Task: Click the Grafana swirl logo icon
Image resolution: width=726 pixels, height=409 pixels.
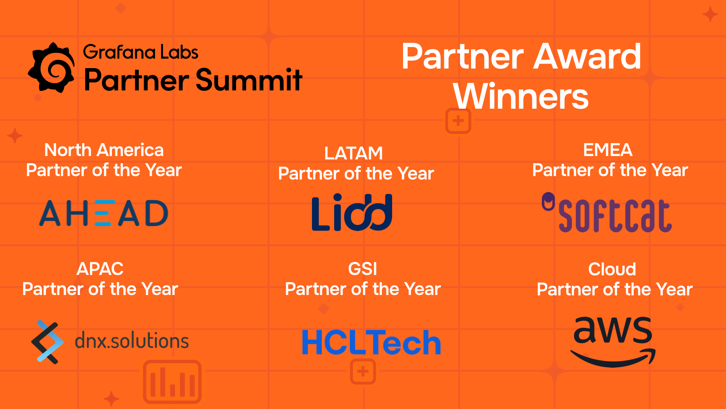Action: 51,67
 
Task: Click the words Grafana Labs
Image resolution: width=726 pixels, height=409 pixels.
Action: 141,52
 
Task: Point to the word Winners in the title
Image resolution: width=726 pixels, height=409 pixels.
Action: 521,96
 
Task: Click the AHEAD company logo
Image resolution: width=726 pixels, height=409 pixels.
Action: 104,213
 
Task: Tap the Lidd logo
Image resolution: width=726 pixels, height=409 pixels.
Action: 352,212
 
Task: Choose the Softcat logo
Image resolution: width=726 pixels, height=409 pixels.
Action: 607,212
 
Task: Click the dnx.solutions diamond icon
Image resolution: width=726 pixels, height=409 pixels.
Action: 47,342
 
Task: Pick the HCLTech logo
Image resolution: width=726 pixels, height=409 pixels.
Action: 371,343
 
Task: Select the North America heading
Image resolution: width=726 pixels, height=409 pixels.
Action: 104,150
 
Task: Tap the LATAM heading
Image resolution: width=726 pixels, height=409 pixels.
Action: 354,153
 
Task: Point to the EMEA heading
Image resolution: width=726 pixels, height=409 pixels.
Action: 608,150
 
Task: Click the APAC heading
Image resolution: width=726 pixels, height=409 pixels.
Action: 100,269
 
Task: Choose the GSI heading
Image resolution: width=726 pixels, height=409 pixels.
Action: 363,269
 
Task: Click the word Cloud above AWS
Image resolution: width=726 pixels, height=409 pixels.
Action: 612,269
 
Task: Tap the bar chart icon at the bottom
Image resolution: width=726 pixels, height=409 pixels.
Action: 172,382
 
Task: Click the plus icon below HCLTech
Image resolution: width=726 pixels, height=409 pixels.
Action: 363,372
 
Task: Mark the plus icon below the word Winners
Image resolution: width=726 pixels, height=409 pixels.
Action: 458,121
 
